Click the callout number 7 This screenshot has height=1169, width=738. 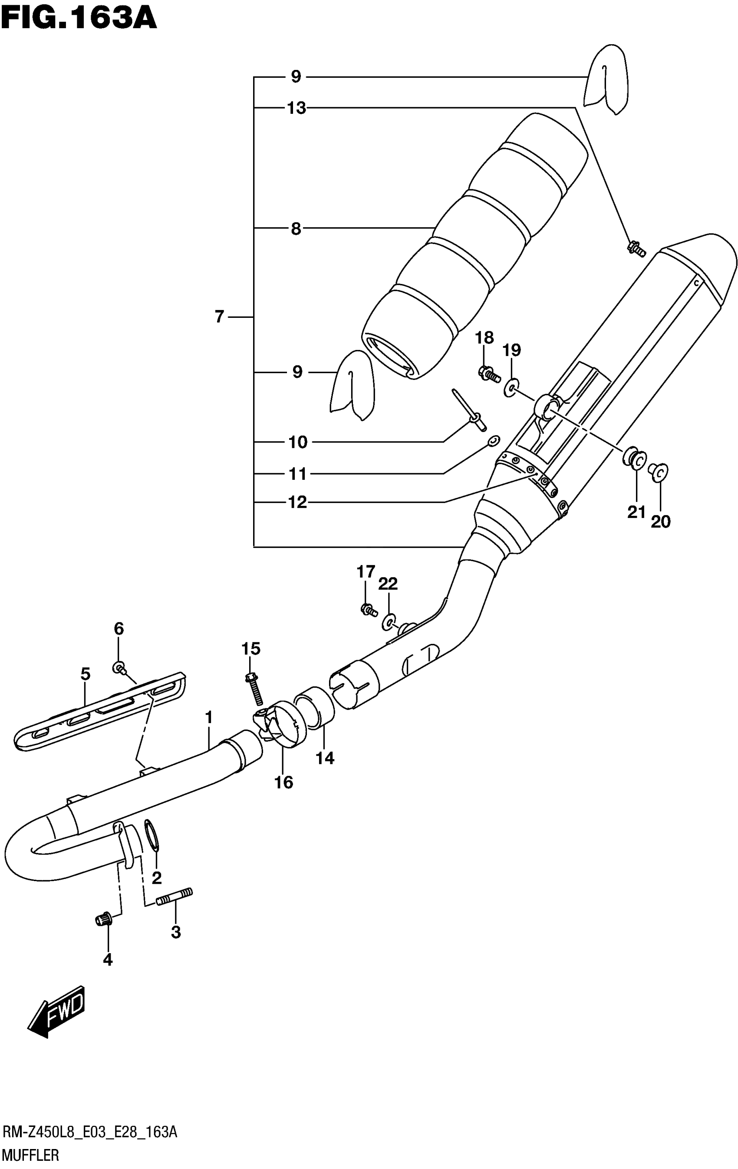click(x=219, y=317)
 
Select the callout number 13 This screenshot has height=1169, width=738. click(x=296, y=108)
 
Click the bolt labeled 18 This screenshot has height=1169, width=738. click(x=488, y=374)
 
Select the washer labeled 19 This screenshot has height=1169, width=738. click(x=510, y=387)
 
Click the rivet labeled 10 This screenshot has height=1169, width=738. click(x=469, y=408)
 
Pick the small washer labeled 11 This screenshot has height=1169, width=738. click(x=494, y=441)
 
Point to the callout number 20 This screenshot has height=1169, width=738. click(x=660, y=522)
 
